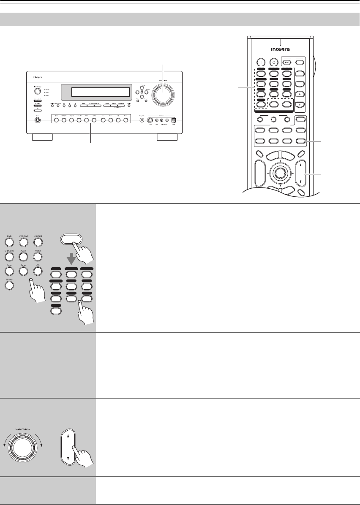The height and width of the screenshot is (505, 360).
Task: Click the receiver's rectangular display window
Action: tap(100, 92)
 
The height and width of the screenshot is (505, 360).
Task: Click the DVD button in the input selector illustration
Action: tap(9, 242)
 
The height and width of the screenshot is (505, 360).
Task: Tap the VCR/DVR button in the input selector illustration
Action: tap(24, 242)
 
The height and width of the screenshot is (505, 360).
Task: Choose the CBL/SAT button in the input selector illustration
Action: tap(38, 242)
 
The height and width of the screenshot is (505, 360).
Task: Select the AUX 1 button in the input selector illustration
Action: tap(24, 256)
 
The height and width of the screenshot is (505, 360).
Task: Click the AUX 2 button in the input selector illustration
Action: tap(38, 256)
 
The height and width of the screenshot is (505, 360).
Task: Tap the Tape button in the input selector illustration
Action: tap(9, 270)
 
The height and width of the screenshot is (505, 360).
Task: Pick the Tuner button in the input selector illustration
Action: tap(24, 270)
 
